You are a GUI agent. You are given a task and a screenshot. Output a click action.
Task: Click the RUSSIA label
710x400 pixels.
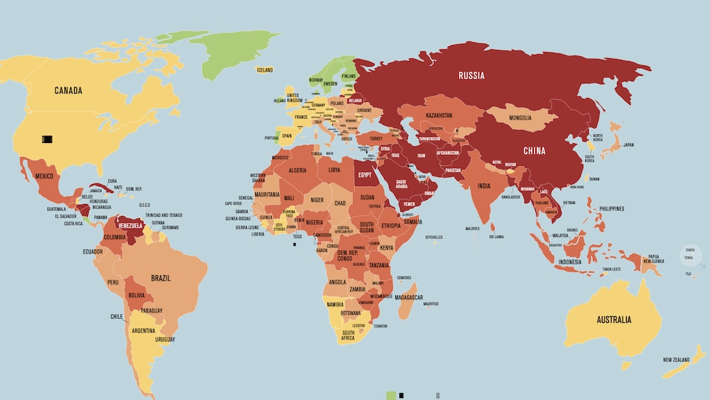coord(471,75)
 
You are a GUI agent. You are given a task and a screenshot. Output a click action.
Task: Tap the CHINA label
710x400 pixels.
coord(534,151)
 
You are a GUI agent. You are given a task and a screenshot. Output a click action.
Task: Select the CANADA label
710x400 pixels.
coord(69,90)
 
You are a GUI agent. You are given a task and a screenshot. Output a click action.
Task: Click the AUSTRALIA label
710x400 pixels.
coord(614,320)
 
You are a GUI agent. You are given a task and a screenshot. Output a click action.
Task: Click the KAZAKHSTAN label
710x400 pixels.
coord(438,115)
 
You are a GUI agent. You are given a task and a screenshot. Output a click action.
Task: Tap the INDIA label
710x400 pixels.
coord(483,185)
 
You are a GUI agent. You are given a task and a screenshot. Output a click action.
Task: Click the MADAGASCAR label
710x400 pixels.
coord(409,297)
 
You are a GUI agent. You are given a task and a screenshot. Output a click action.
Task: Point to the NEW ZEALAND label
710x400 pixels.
coord(675,360)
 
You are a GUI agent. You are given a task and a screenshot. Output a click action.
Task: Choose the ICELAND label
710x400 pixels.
coord(265,70)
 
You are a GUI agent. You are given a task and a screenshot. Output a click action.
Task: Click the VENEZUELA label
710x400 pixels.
coord(130,226)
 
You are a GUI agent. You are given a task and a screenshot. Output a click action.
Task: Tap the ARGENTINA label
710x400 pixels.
coord(144,330)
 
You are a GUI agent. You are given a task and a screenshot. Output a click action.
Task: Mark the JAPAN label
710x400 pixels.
coord(628,145)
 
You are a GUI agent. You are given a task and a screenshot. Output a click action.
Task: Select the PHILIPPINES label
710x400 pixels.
coord(612,208)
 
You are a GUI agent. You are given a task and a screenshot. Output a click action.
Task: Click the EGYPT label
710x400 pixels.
coord(365,175)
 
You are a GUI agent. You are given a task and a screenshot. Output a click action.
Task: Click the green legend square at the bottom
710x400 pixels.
coord(391,395)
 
